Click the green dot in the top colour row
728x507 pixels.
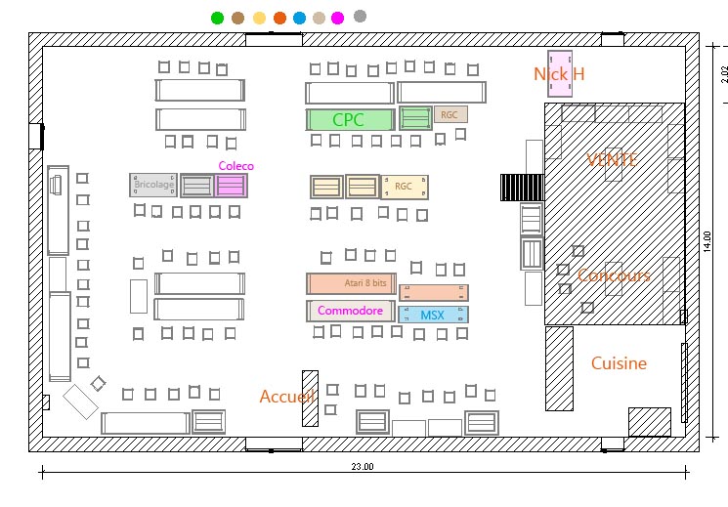(x=217, y=18)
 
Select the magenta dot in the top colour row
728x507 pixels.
(x=337, y=18)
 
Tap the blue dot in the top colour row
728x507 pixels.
(x=299, y=18)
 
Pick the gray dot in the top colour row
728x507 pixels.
(x=360, y=17)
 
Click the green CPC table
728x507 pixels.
(x=350, y=120)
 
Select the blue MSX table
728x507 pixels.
(x=433, y=316)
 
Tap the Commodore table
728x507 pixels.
(x=350, y=311)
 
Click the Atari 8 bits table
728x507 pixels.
(x=350, y=283)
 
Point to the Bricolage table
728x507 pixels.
(x=153, y=185)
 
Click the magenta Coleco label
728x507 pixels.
(x=236, y=166)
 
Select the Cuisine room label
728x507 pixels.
(x=619, y=363)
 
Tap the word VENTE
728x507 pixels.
(x=612, y=159)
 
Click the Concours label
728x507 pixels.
(x=614, y=275)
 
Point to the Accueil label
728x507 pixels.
(x=285, y=397)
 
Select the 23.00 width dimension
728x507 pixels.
(x=363, y=468)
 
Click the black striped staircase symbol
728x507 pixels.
(x=521, y=187)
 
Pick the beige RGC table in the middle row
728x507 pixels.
(x=404, y=186)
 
